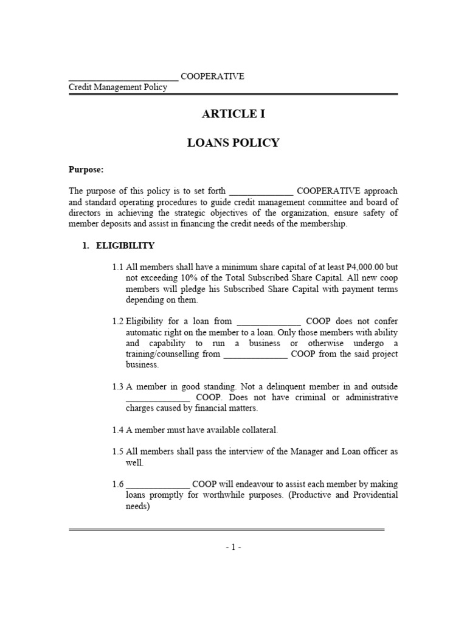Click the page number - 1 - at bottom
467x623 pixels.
[x=233, y=547]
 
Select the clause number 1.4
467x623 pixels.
[x=118, y=430]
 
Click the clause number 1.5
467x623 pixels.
[x=118, y=451]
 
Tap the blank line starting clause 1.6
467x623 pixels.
[x=158, y=485]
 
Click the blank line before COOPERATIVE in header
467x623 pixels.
[x=123, y=77]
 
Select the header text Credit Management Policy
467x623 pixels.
[x=118, y=88]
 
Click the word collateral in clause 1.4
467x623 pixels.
[x=258, y=430]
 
